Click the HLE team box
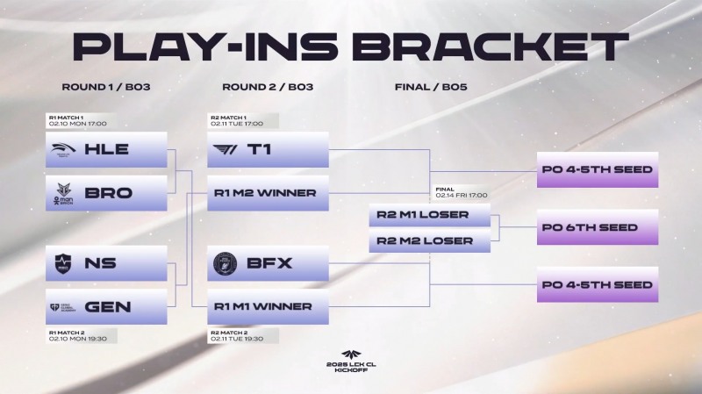(x=106, y=149)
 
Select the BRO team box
(x=106, y=193)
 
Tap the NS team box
(x=106, y=263)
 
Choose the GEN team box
(x=106, y=307)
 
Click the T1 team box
(x=268, y=149)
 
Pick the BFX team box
(x=268, y=263)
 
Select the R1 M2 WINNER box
(x=268, y=193)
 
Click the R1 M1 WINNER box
(x=268, y=307)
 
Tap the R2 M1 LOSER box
(x=429, y=215)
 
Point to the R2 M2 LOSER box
(x=429, y=240)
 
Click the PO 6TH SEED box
(x=597, y=228)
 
